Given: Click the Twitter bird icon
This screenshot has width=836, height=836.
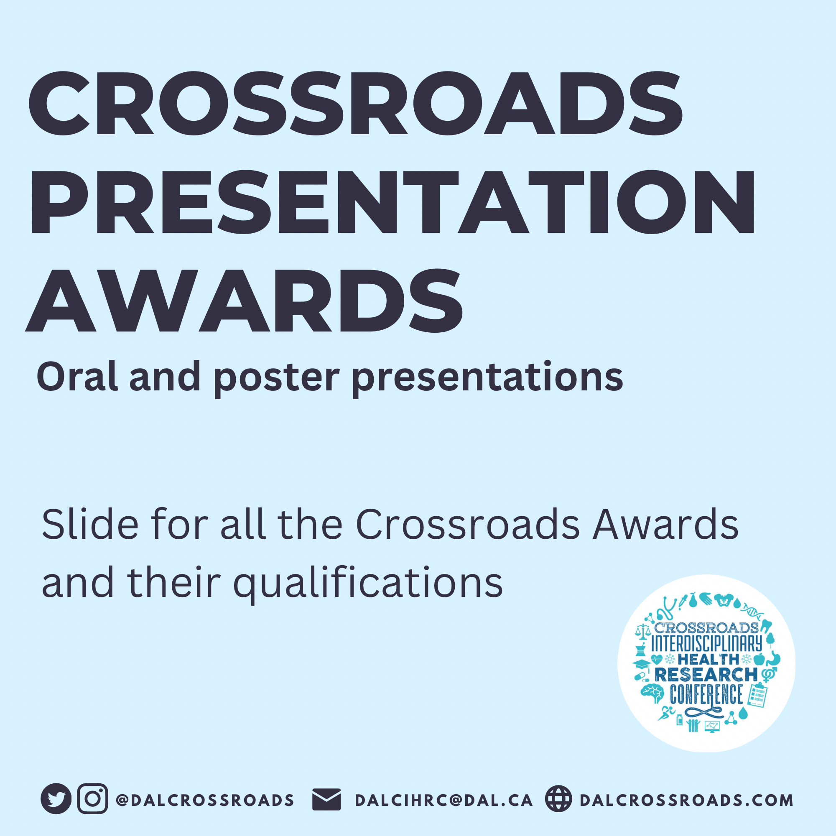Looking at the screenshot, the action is pyautogui.click(x=56, y=798).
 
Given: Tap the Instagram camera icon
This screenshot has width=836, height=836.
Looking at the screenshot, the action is pyautogui.click(x=93, y=798).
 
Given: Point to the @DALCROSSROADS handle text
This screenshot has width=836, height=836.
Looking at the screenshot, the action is pyautogui.click(x=205, y=800).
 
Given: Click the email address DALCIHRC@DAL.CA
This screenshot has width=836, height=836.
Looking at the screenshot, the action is pyautogui.click(x=443, y=800).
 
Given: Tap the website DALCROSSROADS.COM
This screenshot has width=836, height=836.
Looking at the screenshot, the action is pyautogui.click(x=686, y=800).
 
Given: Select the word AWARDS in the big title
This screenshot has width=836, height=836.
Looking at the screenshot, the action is pyautogui.click(x=245, y=300).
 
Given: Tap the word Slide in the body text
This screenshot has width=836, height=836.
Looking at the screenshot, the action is pyautogui.click(x=90, y=525).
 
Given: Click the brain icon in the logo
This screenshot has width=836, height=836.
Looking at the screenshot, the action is pyautogui.click(x=652, y=693).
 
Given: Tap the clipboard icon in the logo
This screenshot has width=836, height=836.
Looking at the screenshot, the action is pyautogui.click(x=757, y=695).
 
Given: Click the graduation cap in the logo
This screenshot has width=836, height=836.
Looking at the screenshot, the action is pyautogui.click(x=641, y=664).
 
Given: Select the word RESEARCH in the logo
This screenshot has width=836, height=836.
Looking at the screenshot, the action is pyautogui.click(x=706, y=674).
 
